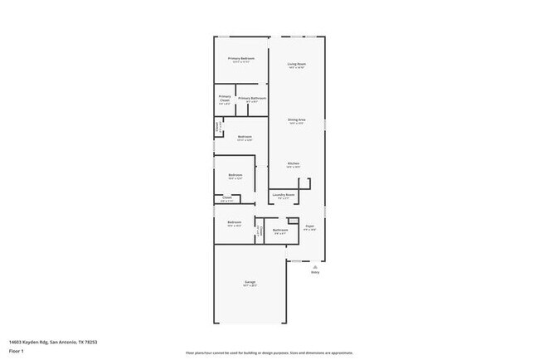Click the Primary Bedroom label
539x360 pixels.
click(241, 59)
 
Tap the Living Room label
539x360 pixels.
click(297, 64)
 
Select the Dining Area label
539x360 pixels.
click(297, 119)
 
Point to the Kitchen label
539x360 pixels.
click(294, 163)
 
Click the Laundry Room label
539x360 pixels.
click(284, 195)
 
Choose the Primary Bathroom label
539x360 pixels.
click(252, 99)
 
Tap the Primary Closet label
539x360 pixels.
click(225, 99)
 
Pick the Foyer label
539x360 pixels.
click(309, 226)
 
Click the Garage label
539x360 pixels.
click(250, 283)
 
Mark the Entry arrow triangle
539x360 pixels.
click(315, 266)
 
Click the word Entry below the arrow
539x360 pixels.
click(315, 272)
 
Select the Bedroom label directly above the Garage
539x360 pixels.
click(235, 221)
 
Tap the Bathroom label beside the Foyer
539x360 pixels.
click(280, 230)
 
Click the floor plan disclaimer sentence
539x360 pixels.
click(269, 352)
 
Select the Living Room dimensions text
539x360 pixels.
click(297, 68)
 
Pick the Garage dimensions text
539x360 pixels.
click(250, 287)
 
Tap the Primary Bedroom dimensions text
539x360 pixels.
click(241, 63)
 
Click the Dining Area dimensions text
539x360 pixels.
click(297, 124)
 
